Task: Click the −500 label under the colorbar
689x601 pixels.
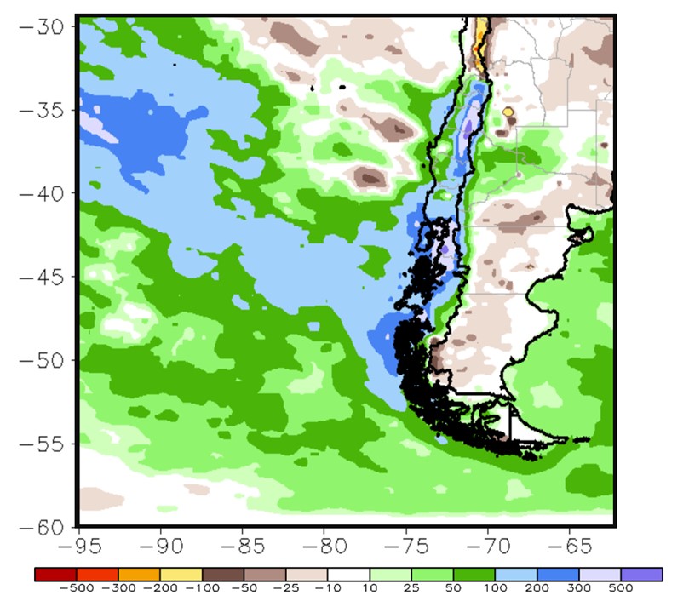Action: (x=75, y=589)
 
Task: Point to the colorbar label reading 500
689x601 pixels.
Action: (x=621, y=589)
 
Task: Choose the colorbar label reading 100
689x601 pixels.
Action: (x=495, y=589)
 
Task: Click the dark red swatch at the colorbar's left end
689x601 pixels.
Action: (x=55, y=575)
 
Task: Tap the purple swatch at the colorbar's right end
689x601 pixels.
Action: (x=641, y=575)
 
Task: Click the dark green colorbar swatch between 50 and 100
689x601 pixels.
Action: (x=474, y=575)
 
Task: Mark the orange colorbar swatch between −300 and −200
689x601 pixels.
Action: (x=139, y=575)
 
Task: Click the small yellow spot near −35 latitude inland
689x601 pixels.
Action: (x=508, y=112)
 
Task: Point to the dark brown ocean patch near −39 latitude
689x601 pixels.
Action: (x=370, y=178)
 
